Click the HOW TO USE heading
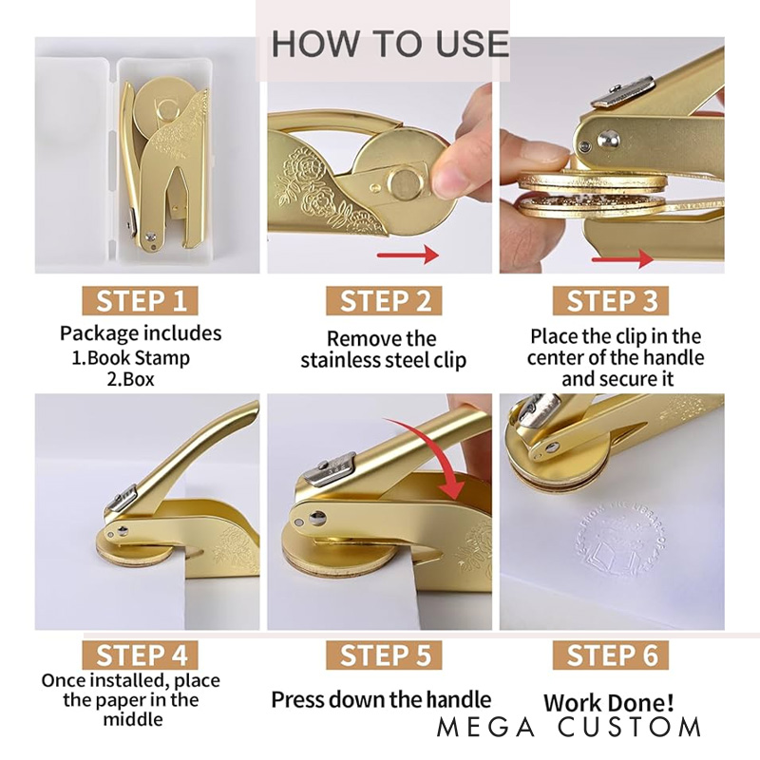(x=390, y=44)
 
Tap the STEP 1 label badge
(x=140, y=300)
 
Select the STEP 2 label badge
(x=384, y=300)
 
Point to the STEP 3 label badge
(x=611, y=300)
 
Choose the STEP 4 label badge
(x=140, y=655)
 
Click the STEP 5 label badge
(x=384, y=655)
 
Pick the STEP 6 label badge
(x=611, y=655)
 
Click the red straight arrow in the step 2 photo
(x=408, y=255)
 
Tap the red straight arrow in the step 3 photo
(x=623, y=259)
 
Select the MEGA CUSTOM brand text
(x=569, y=728)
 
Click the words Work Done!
(x=608, y=702)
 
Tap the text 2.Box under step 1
(x=130, y=378)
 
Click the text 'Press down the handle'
(x=381, y=700)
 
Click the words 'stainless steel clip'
(x=384, y=361)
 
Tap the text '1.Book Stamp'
(x=131, y=358)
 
